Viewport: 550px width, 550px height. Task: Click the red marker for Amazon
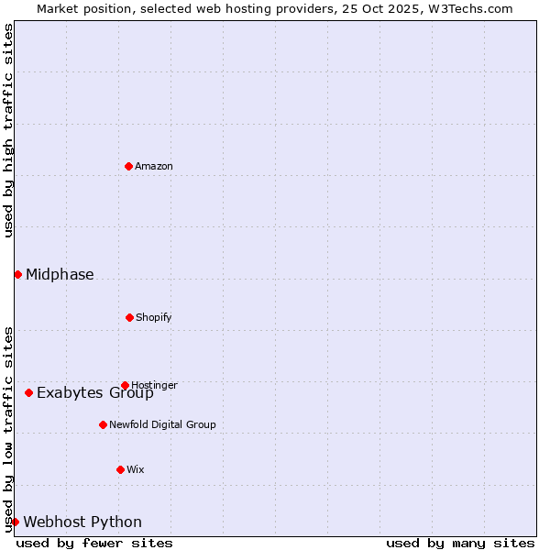129,166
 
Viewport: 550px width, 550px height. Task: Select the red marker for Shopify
129,317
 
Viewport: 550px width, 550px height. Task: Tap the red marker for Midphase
17,274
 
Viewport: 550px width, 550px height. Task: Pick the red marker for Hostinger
125,385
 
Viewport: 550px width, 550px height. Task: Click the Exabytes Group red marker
28,392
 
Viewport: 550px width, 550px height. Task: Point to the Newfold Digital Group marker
103,424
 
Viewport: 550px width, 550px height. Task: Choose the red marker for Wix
120,469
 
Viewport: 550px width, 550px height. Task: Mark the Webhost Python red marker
15,522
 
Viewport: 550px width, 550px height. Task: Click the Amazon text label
154,166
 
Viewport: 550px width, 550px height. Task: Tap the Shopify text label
154,317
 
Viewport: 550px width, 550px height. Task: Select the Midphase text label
60,274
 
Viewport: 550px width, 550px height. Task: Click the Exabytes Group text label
95,393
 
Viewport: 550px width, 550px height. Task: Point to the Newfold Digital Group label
162,424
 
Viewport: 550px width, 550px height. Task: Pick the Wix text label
136,469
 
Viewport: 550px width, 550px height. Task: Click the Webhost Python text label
82,522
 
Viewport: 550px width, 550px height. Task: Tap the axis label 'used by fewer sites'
94,543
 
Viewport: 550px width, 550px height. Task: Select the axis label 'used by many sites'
460,543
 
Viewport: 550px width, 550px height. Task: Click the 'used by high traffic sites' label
8,130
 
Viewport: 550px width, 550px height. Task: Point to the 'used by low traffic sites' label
8,429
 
